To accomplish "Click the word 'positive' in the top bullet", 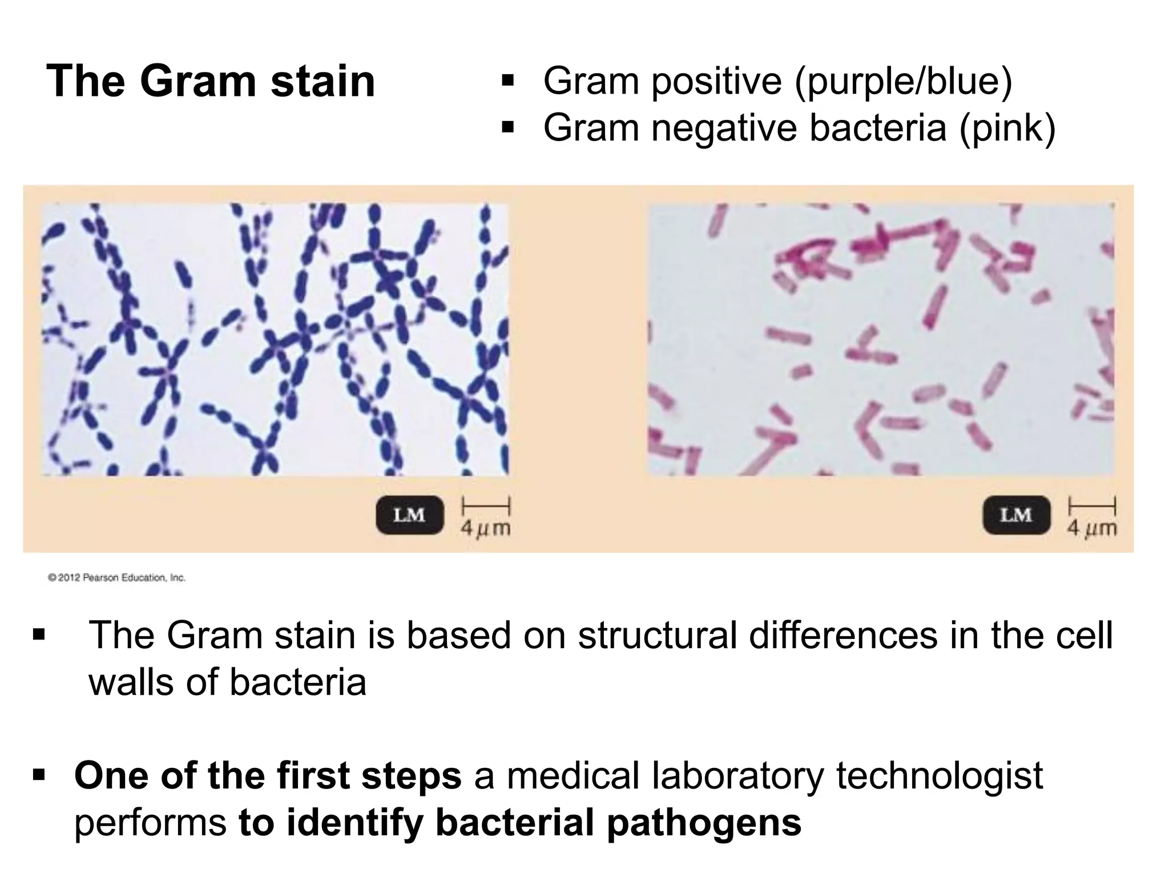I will [716, 81].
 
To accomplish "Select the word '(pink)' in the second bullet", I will [1007, 128].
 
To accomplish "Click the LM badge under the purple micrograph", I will [409, 515].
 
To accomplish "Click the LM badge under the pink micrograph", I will [1016, 515].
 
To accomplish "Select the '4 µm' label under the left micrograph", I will [486, 528].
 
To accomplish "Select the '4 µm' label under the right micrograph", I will [1092, 528].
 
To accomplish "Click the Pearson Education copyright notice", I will [117, 578].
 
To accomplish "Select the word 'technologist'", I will [940, 775].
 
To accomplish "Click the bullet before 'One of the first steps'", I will [39, 774].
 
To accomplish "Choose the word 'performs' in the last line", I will [150, 823].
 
